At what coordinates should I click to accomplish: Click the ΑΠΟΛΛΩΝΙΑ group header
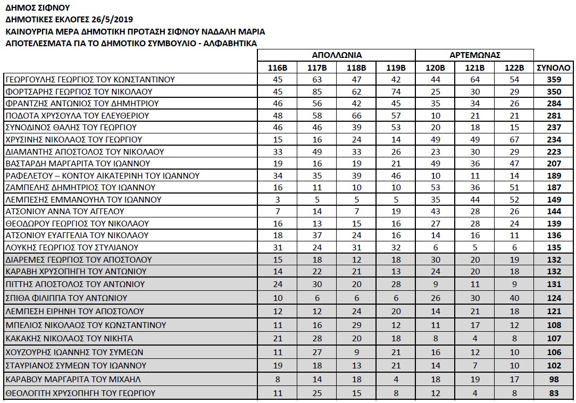click(x=336, y=55)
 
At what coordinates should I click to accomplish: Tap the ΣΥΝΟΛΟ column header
click(x=554, y=68)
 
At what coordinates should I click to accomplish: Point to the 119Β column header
click(x=395, y=68)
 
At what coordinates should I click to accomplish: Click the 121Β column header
click(x=475, y=68)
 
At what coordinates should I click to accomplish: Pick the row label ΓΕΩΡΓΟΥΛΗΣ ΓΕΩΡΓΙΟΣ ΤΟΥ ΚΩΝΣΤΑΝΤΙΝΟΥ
click(x=90, y=80)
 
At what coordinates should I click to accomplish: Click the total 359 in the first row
click(x=554, y=80)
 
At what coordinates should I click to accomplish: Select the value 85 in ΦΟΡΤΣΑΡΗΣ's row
click(x=316, y=92)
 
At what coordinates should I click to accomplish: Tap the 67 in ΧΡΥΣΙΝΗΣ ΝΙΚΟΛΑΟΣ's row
click(x=514, y=140)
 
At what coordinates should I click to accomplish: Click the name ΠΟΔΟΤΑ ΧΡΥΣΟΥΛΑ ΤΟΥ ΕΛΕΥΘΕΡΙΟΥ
click(x=77, y=116)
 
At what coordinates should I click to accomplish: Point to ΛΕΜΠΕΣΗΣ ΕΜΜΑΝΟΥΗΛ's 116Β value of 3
click(x=277, y=200)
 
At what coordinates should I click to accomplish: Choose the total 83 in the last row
click(x=554, y=393)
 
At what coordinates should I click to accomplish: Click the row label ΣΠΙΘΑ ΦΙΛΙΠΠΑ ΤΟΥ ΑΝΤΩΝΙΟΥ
click(x=66, y=298)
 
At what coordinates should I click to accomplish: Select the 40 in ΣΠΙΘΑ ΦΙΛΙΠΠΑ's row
click(x=514, y=298)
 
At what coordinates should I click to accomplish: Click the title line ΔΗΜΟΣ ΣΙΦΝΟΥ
click(x=37, y=8)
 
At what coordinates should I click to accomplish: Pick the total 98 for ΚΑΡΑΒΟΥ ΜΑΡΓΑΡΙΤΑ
click(x=554, y=380)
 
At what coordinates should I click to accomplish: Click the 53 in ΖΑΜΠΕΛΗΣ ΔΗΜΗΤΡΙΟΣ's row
click(x=435, y=188)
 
